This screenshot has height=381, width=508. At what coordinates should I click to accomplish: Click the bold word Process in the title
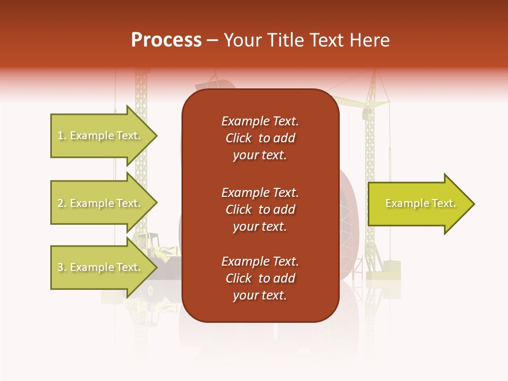pos(166,40)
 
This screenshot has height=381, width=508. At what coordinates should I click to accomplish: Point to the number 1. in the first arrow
pos(62,136)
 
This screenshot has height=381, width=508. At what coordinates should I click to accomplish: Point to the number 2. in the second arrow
pos(62,203)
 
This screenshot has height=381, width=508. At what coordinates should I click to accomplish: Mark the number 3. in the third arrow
pos(62,268)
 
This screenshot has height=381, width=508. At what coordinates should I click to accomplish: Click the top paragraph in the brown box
pos(260,138)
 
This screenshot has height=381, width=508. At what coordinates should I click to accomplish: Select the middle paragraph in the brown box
pos(260,210)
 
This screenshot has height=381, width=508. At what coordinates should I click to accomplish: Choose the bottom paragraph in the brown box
pos(260,278)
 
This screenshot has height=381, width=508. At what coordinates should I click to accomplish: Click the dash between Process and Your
pos(213,41)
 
